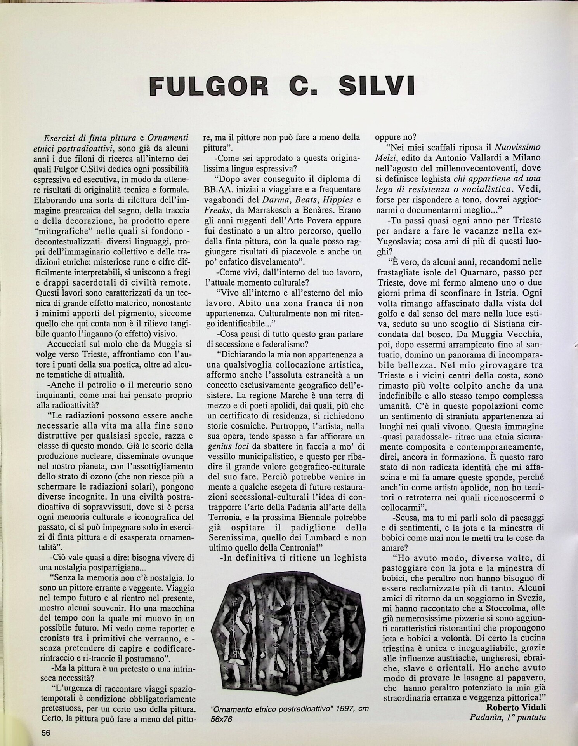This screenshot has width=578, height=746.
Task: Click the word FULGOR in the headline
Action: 209,87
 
